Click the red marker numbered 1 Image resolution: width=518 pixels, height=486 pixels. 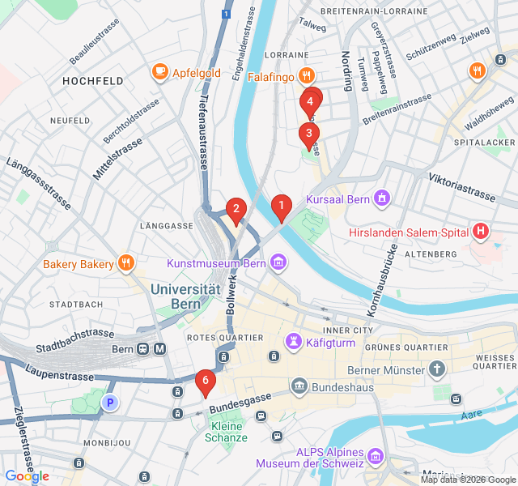click(x=281, y=207)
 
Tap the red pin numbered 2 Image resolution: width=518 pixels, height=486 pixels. click(x=236, y=210)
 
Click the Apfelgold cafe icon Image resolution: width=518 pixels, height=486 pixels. click(x=160, y=73)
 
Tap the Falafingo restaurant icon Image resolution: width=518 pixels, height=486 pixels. click(x=306, y=76)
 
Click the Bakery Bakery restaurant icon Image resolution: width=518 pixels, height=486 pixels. click(x=125, y=263)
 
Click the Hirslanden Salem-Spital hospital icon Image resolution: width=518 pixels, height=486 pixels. click(x=482, y=232)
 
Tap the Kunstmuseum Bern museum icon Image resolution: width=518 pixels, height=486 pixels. click(x=278, y=262)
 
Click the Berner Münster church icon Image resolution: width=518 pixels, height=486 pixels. click(x=437, y=370)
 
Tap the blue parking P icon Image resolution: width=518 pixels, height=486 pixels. click(x=109, y=402)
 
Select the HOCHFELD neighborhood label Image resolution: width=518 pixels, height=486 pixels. click(x=93, y=81)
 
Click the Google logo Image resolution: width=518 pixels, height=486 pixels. click(x=27, y=476)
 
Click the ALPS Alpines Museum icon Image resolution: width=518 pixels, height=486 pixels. click(x=375, y=458)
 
